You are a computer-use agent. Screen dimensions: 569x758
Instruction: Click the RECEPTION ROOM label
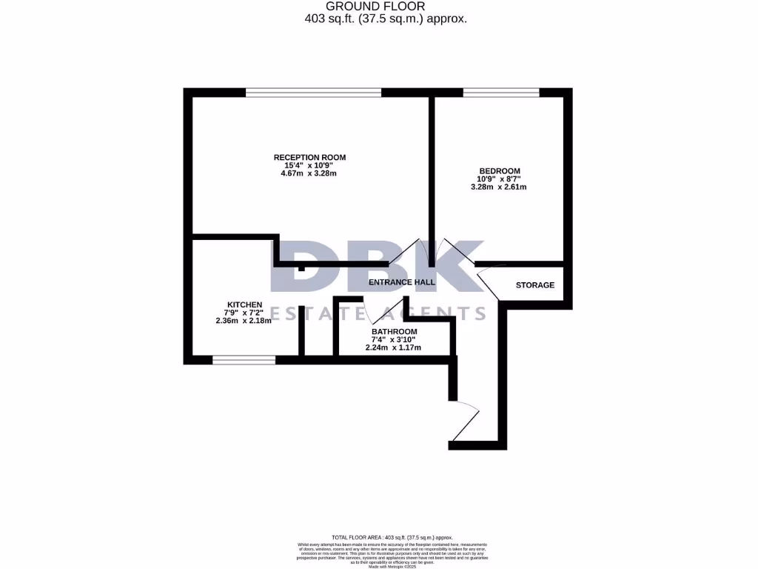(309, 157)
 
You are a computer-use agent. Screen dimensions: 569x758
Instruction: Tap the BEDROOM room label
(500, 170)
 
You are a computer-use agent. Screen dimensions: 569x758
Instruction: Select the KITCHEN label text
(244, 305)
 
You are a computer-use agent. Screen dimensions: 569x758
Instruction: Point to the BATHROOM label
(394, 331)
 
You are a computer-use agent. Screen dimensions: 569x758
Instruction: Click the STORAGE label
(534, 285)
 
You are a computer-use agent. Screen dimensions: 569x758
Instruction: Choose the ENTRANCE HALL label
(401, 282)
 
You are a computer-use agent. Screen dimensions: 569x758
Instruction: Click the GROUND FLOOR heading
(386, 7)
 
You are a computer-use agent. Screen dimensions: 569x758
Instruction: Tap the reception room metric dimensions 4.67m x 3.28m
(309, 174)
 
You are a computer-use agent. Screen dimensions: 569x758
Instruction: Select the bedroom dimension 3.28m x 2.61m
(498, 187)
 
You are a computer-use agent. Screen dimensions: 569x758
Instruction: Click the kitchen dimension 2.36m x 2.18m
(244, 321)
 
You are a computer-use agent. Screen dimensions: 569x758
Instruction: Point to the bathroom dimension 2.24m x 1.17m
(393, 347)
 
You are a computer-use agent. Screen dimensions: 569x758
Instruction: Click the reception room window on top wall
(313, 93)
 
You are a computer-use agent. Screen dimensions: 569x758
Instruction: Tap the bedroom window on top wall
(501, 93)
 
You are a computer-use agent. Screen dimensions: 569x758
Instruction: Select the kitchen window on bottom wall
(244, 360)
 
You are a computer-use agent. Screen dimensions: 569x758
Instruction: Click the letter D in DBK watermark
(302, 267)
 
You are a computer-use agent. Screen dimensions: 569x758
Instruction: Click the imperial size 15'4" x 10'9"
(309, 165)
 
